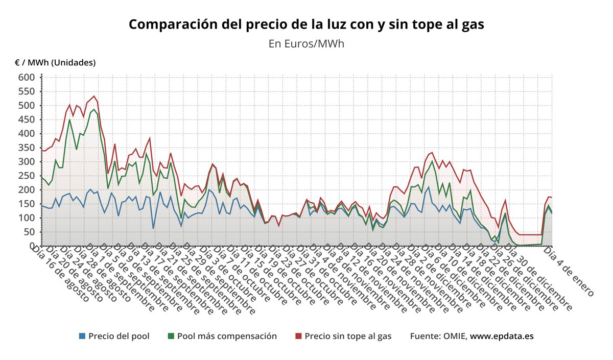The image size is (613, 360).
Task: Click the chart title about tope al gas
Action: pyautogui.click(x=306, y=25)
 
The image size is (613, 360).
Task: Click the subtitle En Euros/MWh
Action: pyautogui.click(x=306, y=44)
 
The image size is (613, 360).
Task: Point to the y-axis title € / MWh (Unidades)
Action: pyautogui.click(x=55, y=63)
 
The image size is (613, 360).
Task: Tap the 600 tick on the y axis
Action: pyautogui.click(x=27, y=78)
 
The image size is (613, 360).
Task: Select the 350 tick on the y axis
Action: pyautogui.click(x=27, y=148)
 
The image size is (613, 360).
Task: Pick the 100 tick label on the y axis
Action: pyautogui.click(x=27, y=218)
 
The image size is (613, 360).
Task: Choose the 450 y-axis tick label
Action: pyautogui.click(x=27, y=119)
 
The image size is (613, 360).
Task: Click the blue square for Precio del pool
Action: pyautogui.click(x=82, y=336)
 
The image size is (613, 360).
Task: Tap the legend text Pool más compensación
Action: pyautogui.click(x=227, y=336)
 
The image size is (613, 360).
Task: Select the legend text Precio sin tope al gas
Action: pyautogui.click(x=348, y=336)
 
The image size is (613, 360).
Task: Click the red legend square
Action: pyautogui.click(x=299, y=336)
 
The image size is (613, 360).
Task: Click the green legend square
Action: pyautogui.click(x=171, y=336)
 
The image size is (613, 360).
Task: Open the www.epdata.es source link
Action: pyautogui.click(x=502, y=336)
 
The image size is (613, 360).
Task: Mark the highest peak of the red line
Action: pyautogui.click(x=94, y=96)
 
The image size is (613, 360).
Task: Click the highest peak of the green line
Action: pyautogui.click(x=94, y=109)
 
